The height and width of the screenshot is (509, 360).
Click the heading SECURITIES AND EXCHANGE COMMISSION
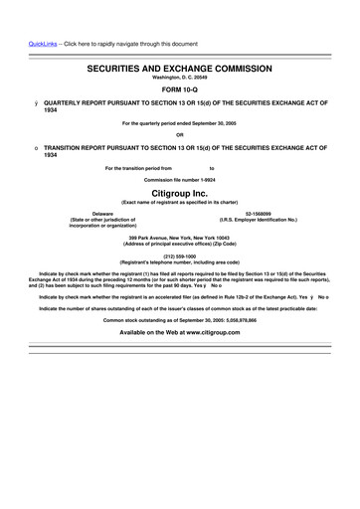[x=180, y=72]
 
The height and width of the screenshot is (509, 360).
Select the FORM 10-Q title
[x=180, y=92]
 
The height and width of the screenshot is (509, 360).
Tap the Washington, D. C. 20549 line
[x=180, y=80]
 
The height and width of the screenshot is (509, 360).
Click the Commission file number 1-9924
[x=180, y=179]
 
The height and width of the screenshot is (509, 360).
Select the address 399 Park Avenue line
[x=180, y=238]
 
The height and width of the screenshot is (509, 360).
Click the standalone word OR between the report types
[x=180, y=135]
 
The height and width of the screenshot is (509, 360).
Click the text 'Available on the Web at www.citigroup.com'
[x=180, y=332]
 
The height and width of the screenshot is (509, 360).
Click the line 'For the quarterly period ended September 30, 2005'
[x=180, y=123]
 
